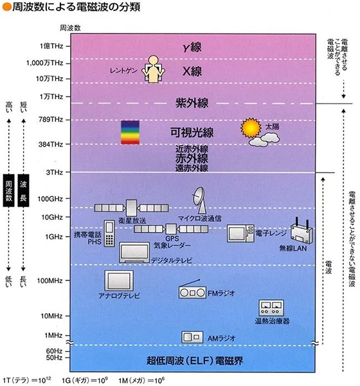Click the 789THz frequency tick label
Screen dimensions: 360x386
click(x=51, y=120)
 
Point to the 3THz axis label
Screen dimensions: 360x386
click(x=55, y=172)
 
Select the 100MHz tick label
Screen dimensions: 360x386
click(x=50, y=280)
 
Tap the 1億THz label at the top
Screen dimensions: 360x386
click(x=51, y=46)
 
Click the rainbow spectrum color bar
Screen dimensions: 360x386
click(x=130, y=132)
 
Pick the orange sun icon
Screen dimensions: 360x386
click(x=251, y=128)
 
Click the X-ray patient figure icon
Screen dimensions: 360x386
click(x=153, y=69)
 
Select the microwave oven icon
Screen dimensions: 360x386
click(x=240, y=234)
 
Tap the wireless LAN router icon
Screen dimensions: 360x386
click(x=301, y=231)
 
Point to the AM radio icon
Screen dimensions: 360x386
click(x=192, y=337)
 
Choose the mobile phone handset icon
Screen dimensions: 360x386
click(x=109, y=234)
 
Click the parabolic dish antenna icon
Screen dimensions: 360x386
click(x=199, y=200)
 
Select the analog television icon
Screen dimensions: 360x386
click(x=119, y=281)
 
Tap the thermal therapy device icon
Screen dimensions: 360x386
click(x=271, y=308)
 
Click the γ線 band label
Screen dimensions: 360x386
click(x=192, y=47)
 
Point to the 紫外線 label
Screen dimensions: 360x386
click(x=192, y=103)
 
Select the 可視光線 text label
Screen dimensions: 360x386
click(x=192, y=133)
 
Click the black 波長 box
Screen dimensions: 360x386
click(x=23, y=190)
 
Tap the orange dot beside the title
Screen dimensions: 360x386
click(x=7, y=7)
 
